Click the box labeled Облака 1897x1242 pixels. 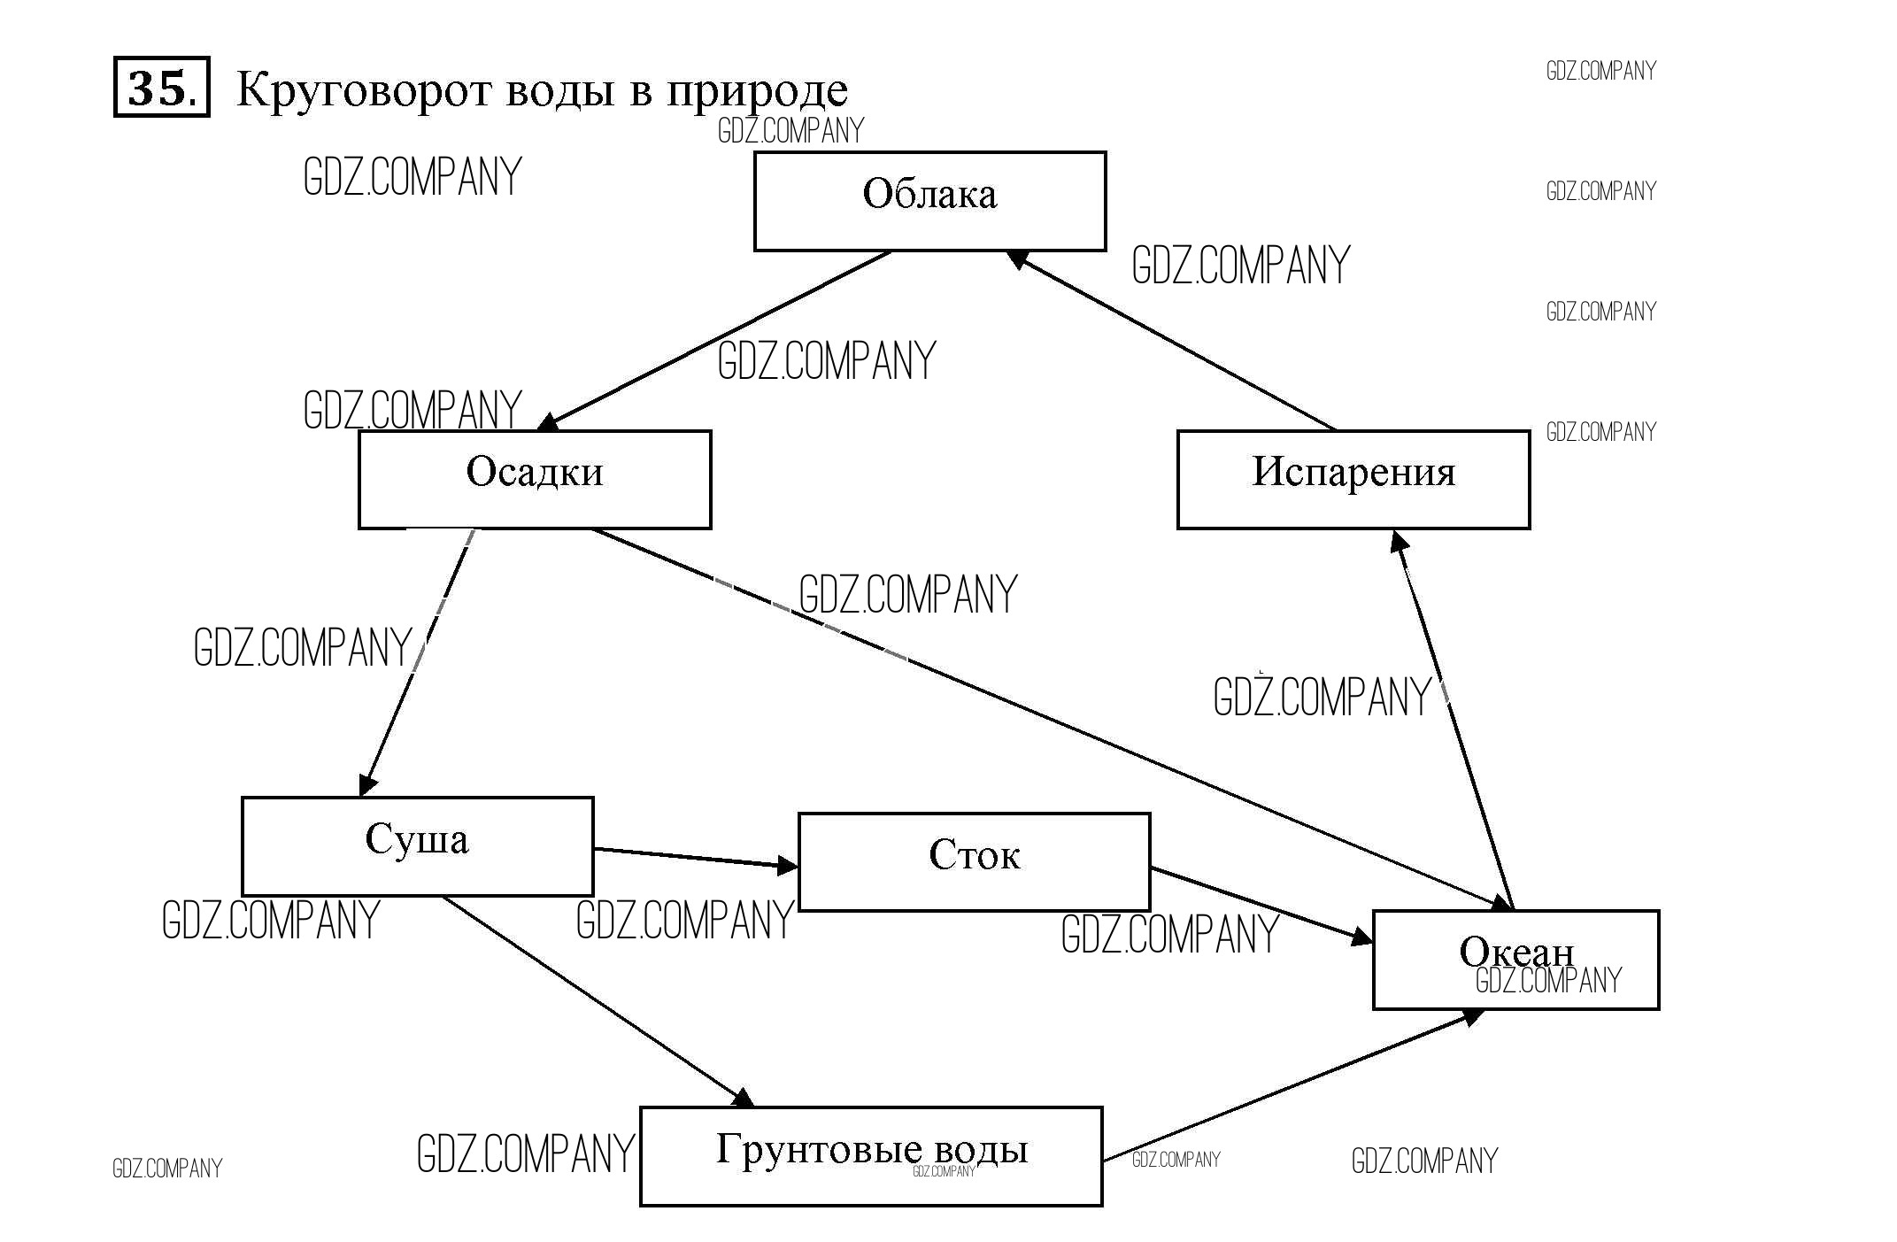929,201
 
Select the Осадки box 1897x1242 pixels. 535,479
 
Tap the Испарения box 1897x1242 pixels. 1353,479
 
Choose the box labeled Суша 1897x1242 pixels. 417,845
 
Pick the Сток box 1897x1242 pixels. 974,861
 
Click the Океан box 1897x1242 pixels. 1515,959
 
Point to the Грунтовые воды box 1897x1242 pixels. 871,1155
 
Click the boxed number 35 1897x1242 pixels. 162,87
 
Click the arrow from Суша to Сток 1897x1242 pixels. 696,857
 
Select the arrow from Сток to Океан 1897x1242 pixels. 1261,903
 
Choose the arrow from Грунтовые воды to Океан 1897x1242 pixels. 1292,1085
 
